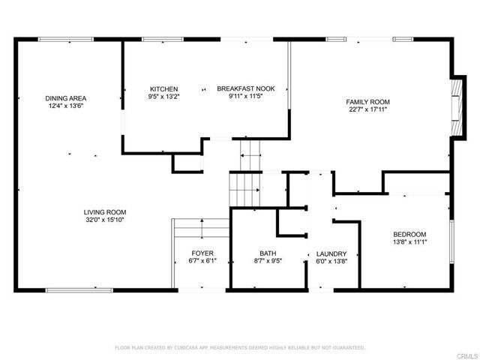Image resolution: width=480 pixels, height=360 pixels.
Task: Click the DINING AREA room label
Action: tap(64, 98)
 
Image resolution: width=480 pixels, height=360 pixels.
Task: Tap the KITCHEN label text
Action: tap(163, 88)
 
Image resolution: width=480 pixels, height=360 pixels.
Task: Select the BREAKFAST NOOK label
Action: tap(246, 88)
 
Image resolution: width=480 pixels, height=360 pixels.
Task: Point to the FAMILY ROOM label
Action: tap(367, 101)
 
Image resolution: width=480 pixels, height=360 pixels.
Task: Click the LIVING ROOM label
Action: tap(105, 212)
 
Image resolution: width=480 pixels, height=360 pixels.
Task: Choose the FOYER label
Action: tap(202, 253)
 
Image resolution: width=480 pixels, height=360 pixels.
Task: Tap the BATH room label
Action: tap(268, 253)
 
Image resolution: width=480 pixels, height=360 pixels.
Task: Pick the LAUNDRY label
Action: tap(330, 253)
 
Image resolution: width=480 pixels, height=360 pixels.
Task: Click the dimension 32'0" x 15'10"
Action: tap(105, 220)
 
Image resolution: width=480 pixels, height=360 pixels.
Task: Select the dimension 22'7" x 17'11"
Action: tap(367, 109)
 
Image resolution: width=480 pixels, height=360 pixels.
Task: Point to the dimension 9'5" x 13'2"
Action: tap(163, 97)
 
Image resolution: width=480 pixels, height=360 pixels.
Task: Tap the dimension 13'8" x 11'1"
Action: tap(409, 242)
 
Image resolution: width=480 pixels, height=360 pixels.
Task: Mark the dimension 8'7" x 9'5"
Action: tap(268, 261)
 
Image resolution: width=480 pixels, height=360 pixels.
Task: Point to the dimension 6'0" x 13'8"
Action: tap(330, 262)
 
